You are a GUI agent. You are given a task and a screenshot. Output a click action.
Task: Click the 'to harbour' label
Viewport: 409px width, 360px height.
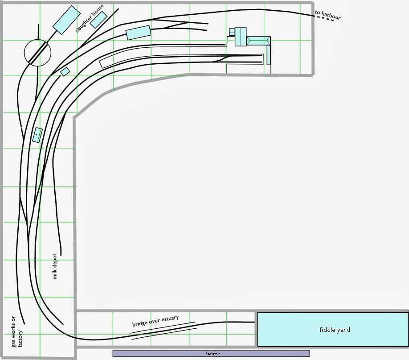pos(327,15)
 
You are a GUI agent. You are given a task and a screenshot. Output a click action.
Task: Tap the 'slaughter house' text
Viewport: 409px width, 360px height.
pos(89,18)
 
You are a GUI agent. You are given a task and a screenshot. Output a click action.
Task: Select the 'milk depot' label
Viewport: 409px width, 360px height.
pos(55,267)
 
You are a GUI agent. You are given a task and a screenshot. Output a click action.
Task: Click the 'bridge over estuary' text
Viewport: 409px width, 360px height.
pos(155,321)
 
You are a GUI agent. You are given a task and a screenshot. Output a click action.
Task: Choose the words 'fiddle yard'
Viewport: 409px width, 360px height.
pos(335,330)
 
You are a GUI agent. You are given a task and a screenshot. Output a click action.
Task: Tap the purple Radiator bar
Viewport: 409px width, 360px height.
pos(211,354)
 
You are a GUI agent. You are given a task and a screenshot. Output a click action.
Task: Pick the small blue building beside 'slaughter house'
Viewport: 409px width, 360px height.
pos(99,20)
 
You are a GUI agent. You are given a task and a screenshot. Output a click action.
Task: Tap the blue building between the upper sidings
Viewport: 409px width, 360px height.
pos(139,33)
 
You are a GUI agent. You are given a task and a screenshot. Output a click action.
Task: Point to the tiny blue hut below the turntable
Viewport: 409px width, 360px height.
pos(65,71)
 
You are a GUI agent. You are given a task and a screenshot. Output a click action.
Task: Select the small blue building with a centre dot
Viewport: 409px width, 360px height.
pos(37,135)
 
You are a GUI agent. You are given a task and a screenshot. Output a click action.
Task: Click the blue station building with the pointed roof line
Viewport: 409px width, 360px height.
pos(258,41)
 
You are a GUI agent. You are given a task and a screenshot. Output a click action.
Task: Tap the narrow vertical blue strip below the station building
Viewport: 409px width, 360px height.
pos(269,55)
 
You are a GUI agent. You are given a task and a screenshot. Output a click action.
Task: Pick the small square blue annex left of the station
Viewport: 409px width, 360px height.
pos(232,32)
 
